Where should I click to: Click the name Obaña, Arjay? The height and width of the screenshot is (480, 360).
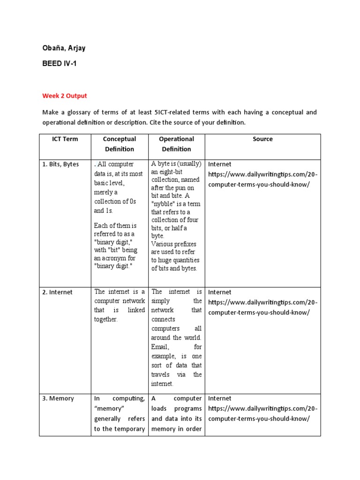64,49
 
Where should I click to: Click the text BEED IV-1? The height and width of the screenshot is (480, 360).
59,64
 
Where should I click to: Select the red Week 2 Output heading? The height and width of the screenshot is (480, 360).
65,96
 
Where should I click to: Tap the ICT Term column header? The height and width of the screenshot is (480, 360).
65,139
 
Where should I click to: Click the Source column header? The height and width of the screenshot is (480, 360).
262,139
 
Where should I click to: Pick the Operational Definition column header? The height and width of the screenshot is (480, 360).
176,144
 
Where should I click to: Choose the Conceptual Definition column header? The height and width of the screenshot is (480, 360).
119,144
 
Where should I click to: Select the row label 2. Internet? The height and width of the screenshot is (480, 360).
58,292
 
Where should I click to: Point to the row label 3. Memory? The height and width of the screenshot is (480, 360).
58,398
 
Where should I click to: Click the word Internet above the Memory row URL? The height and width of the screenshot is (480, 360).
219,398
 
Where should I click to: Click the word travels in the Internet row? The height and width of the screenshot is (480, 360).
163,374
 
